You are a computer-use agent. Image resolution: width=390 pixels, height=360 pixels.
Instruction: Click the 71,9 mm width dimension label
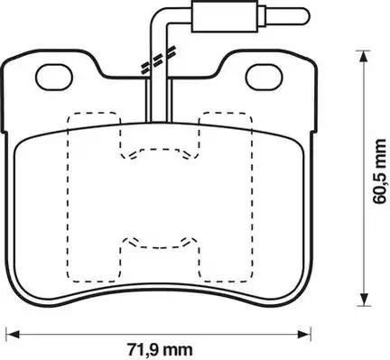[160, 350]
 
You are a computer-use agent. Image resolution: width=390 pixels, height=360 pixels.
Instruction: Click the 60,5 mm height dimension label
[379, 171]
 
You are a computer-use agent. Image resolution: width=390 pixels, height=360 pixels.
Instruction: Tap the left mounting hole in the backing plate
[54, 78]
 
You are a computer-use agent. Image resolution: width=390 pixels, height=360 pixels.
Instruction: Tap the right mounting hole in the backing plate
[265, 78]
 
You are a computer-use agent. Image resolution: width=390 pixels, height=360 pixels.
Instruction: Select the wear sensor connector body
[225, 16]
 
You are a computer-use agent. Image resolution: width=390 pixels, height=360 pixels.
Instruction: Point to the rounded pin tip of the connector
[304, 15]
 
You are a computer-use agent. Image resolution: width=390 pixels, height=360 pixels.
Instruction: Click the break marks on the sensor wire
[158, 61]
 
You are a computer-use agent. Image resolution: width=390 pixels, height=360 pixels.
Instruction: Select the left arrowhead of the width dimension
[13, 334]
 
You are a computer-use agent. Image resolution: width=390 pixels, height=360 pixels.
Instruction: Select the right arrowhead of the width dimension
[304, 334]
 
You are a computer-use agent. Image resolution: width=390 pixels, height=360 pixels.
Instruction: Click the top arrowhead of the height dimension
[364, 57]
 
